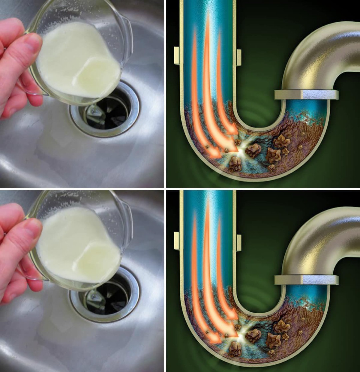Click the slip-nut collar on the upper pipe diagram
pos(306,94)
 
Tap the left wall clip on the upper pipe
pos(177,55)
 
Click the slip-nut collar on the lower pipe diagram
pos(306,280)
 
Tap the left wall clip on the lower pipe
pos(177,241)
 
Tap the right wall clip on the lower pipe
pos(239,241)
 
